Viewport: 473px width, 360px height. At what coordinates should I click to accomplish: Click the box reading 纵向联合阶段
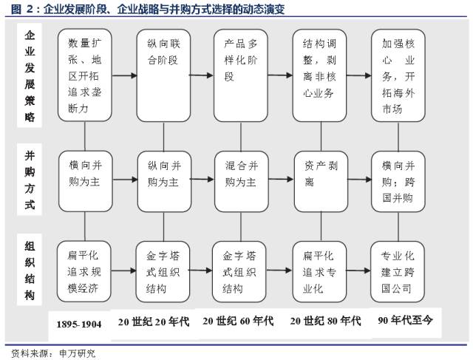163,75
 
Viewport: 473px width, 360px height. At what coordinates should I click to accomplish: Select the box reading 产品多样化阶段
241,75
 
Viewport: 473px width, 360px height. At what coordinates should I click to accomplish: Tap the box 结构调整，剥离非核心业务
319,75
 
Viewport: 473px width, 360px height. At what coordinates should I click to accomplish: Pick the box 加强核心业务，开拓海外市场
398,75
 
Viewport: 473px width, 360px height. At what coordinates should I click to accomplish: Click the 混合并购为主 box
242,181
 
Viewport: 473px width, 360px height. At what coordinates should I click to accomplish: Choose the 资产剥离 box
321,181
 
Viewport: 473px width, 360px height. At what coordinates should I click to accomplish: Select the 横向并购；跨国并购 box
398,181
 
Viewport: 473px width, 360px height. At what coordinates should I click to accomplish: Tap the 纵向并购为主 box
164,181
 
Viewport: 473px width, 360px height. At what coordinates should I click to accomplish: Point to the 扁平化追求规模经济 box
84,271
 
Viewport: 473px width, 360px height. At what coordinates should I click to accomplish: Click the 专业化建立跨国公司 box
398,271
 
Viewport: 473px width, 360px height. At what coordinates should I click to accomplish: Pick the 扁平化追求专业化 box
319,271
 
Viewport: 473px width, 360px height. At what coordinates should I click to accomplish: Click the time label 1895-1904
79,325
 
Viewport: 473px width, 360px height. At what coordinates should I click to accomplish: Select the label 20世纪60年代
238,321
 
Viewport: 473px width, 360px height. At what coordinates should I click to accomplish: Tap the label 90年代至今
405,319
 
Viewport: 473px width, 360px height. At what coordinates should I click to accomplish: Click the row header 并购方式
30,180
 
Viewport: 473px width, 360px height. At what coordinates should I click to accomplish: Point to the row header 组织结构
30,270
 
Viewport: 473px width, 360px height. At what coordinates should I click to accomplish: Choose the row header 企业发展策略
30,75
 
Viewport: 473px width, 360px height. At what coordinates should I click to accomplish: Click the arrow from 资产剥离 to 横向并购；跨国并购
360,180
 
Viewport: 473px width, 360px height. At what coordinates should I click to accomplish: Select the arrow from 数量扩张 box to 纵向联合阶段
124,75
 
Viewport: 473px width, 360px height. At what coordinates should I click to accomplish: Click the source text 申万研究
77,353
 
